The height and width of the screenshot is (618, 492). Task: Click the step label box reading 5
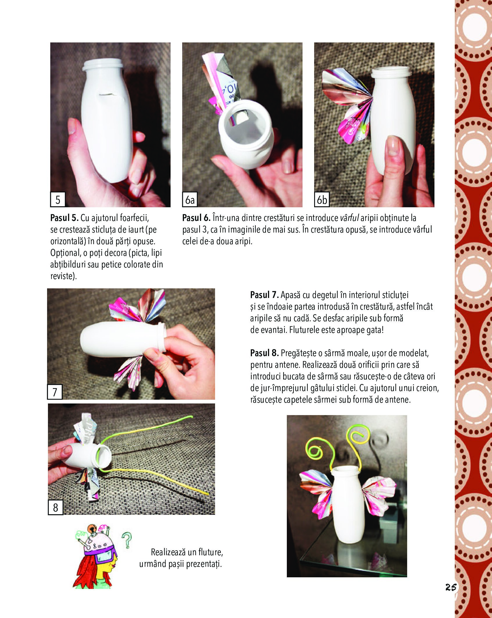point(58,199)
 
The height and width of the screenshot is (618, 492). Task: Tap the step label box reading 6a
point(190,199)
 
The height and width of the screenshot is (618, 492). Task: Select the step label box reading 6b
point(322,199)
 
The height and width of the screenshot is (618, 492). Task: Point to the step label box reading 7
point(55,392)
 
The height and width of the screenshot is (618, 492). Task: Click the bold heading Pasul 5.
point(64,218)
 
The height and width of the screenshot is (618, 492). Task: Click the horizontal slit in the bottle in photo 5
point(107,94)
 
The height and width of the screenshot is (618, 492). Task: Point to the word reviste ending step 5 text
point(63,276)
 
